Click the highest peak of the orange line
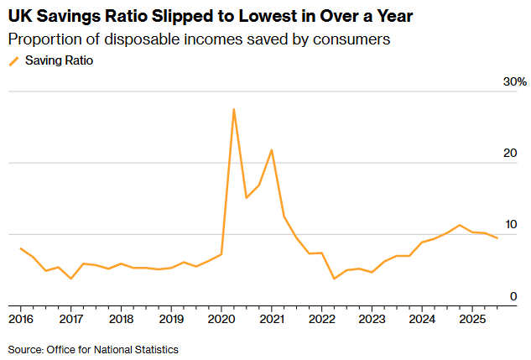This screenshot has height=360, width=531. pyautogui.click(x=234, y=109)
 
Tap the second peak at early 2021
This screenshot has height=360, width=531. pyautogui.click(x=271, y=149)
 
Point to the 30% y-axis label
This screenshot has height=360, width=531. pyautogui.click(x=515, y=81)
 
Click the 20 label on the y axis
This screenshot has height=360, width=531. pyautogui.click(x=510, y=153)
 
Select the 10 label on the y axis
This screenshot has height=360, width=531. pyautogui.click(x=511, y=224)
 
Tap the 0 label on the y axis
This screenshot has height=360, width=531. pyautogui.click(x=513, y=296)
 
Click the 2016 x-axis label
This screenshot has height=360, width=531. pyautogui.click(x=21, y=319)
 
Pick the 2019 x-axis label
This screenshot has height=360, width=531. pyautogui.click(x=171, y=319)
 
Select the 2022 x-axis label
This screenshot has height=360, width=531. pyautogui.click(x=322, y=319)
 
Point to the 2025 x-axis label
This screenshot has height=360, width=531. pyautogui.click(x=472, y=319)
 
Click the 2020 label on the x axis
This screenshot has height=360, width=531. pyautogui.click(x=221, y=319)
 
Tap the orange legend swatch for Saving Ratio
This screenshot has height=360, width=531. pyautogui.click(x=14, y=61)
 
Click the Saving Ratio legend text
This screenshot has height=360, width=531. pyautogui.click(x=60, y=60)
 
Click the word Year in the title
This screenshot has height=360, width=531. pyautogui.click(x=394, y=16)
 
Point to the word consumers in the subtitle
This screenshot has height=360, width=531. pyautogui.click(x=351, y=39)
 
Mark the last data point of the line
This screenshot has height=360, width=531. pyautogui.click(x=497, y=238)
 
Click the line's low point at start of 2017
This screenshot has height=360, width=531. pyautogui.click(x=70, y=279)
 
